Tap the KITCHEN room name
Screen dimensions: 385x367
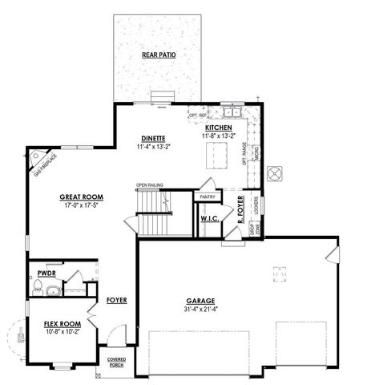[219, 128]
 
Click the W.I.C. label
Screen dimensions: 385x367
[211, 217]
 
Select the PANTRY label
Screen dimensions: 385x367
[208, 197]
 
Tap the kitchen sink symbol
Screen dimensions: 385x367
[232, 113]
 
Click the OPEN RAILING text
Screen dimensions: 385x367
[150, 185]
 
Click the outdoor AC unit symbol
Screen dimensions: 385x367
[274, 172]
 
